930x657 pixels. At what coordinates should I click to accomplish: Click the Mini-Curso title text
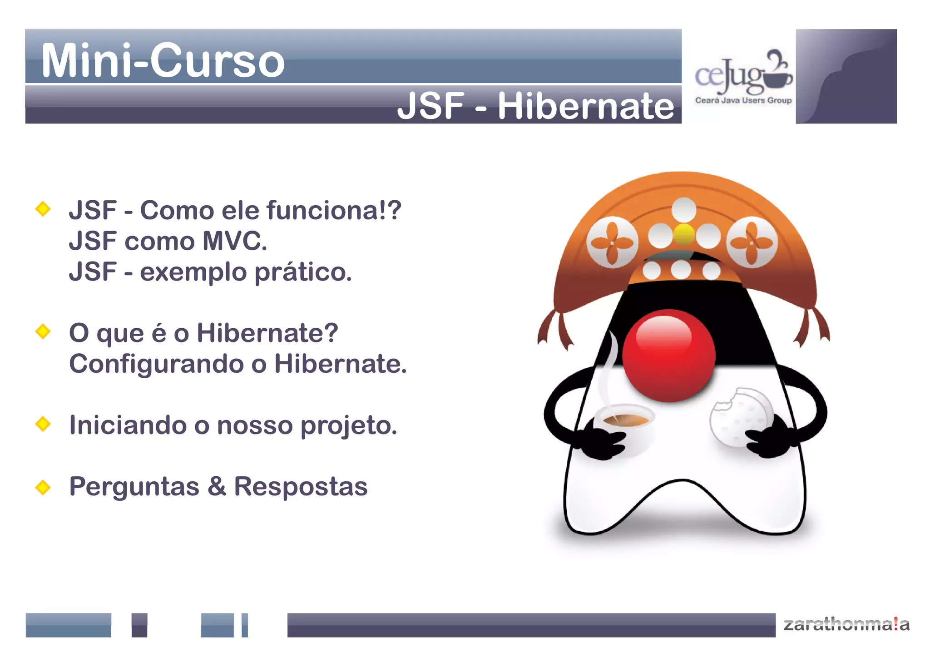pos(163,61)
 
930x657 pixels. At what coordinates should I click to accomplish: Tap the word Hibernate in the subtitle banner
pos(586,106)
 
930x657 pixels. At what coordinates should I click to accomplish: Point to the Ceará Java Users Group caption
pos(743,100)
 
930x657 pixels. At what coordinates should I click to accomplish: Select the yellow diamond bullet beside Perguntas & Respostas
pos(43,487)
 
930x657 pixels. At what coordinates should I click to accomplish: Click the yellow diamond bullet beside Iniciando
pos(43,424)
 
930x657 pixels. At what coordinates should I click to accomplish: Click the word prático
pos(302,272)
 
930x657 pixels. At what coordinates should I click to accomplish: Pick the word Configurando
pos(157,364)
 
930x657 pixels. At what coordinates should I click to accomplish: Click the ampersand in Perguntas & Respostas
pos(217,486)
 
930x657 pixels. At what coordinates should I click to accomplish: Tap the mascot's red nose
pos(668,356)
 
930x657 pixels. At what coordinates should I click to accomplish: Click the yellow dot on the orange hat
pos(684,234)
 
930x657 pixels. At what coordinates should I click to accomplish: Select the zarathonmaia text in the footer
pos(846,624)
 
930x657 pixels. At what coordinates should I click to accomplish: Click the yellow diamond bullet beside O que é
pos(43,331)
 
